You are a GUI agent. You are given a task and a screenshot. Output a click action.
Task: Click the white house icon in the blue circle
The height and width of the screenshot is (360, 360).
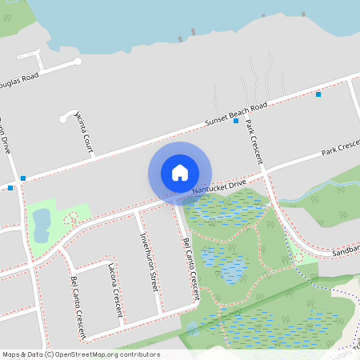180,173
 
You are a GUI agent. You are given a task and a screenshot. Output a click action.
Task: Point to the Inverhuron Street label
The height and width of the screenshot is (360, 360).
146,253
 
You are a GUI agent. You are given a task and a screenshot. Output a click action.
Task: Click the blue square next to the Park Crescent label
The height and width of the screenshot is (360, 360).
236,121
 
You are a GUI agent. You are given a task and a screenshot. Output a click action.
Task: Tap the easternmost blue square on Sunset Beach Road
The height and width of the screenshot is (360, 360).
318,94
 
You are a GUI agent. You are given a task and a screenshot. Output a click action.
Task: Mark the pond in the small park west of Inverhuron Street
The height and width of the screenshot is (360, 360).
40,225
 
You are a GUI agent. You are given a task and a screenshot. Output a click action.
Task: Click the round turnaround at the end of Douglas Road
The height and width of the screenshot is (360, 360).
78,62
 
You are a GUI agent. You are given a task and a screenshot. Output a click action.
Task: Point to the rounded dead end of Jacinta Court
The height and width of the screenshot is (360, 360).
62,119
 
